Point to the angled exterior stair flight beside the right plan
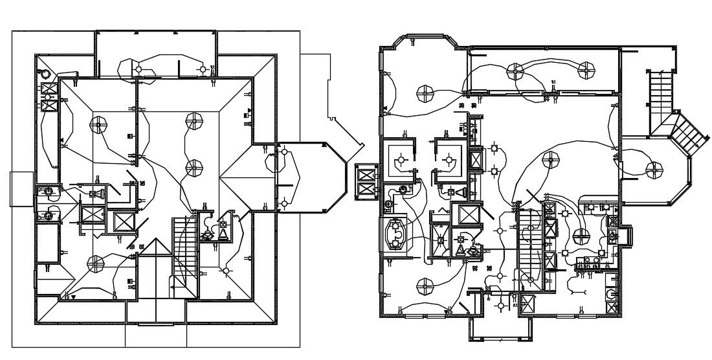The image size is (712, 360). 687,135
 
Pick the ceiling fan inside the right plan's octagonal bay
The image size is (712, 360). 654,169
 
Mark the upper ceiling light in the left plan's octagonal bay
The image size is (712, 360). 284,152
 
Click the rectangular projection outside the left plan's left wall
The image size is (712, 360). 21,189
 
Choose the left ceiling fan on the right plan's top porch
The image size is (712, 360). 515,70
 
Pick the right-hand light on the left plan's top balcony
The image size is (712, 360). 203,69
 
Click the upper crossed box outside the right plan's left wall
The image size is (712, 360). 365,175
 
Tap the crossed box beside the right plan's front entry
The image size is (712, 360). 528,304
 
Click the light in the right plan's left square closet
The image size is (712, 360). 402,158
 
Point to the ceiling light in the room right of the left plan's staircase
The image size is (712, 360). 227,271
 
